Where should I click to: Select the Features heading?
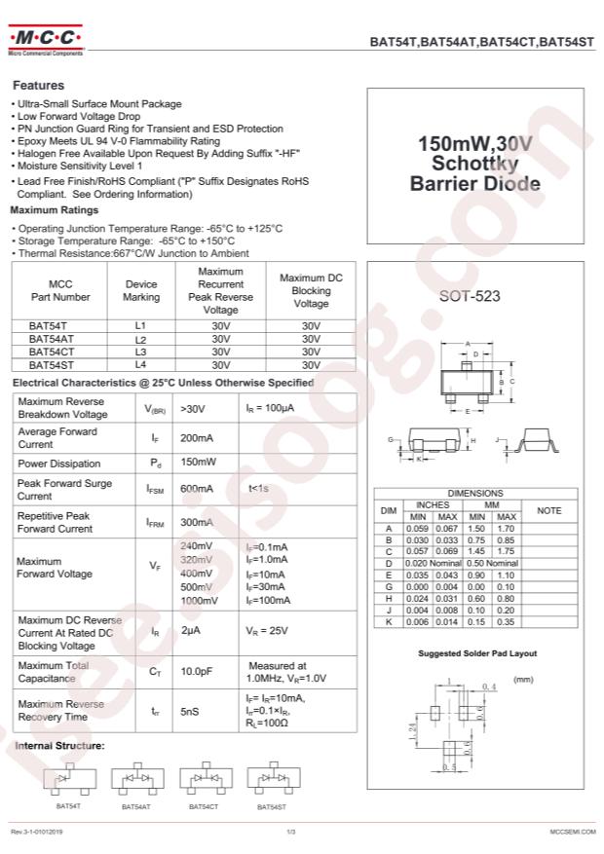(38, 86)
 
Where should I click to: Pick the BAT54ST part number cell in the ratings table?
(48, 364)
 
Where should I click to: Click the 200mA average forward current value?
(197, 437)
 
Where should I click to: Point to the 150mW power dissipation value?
(198, 464)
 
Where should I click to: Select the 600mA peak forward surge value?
(197, 489)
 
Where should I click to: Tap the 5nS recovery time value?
(190, 712)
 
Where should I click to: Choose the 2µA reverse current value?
(190, 631)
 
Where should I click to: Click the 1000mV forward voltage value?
(199, 601)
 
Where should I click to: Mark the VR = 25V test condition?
(266, 631)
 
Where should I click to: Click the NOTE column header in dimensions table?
(548, 510)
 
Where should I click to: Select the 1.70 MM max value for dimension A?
(506, 528)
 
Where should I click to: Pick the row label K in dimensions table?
(388, 621)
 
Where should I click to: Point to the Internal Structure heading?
(59, 746)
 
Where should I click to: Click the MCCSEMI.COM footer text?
(572, 832)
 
